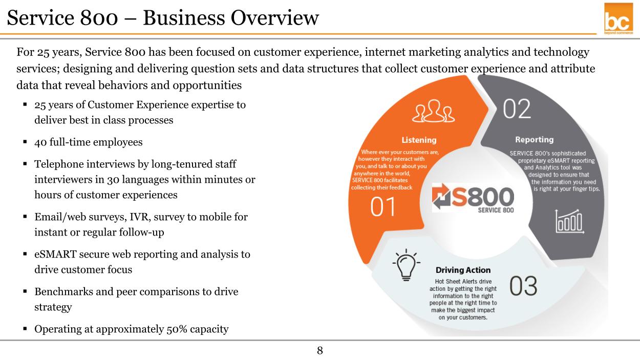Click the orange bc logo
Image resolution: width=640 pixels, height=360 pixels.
click(x=618, y=19)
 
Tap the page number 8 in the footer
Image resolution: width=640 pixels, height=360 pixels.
click(x=320, y=350)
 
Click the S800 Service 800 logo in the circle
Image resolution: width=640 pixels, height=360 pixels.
click(x=473, y=198)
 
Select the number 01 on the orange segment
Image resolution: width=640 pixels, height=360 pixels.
click(x=383, y=207)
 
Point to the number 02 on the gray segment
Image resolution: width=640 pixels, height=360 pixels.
click(x=517, y=109)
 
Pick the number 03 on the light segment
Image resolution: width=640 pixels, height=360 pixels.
click(x=523, y=286)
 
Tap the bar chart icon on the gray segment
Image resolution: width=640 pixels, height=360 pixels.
click(x=569, y=221)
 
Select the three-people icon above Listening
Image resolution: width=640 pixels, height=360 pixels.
click(x=434, y=111)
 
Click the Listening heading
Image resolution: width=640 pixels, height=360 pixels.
click(x=419, y=140)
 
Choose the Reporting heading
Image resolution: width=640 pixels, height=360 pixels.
click(x=535, y=140)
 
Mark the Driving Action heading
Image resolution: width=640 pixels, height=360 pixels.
click(x=463, y=270)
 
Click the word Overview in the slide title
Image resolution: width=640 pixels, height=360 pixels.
click(x=274, y=18)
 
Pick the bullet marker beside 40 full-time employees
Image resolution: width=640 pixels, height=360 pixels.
click(x=25, y=141)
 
